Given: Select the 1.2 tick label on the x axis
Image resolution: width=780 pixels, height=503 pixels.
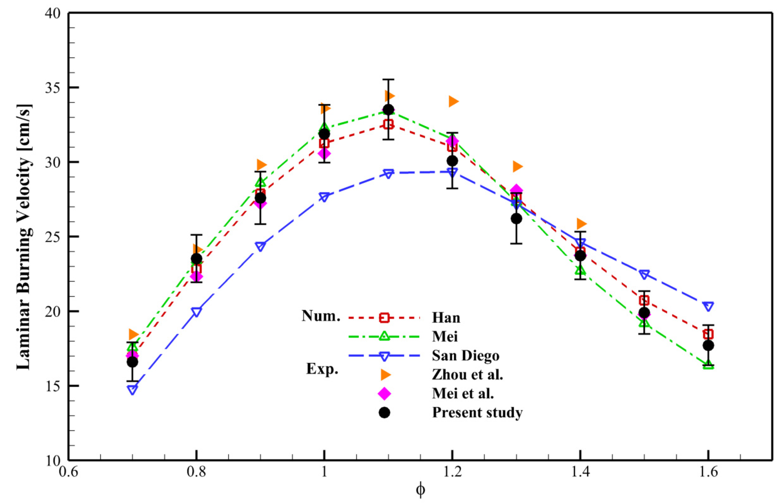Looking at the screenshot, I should pos(452,472).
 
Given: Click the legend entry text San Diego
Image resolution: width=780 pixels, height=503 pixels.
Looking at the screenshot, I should pos(466,355).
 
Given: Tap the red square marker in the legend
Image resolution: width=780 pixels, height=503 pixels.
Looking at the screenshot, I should pos(384,318).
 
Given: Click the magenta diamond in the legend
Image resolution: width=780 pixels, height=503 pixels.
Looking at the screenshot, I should pos(384,393).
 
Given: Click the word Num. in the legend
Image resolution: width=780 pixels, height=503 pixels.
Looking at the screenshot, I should pos(321,316).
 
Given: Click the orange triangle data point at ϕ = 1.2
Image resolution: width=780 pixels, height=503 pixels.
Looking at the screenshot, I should pos(453,102).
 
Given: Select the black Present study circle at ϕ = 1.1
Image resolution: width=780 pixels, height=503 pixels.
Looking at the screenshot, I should pos(388,110).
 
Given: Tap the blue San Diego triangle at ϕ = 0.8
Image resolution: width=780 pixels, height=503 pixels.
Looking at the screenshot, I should pos(196,312).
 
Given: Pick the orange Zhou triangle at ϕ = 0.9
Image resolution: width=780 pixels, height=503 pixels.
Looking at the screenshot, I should pos(261,165).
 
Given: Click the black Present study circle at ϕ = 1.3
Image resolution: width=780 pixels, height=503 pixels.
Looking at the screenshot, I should pos(516,219).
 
